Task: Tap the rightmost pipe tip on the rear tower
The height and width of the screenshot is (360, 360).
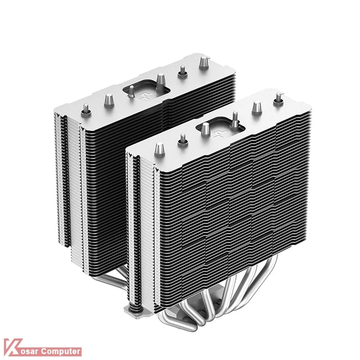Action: click(x=203, y=62)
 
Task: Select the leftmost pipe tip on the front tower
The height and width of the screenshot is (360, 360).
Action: click(x=159, y=150)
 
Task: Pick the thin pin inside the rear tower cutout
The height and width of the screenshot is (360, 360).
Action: click(x=131, y=91)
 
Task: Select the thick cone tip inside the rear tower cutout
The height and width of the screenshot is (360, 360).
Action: click(x=161, y=81)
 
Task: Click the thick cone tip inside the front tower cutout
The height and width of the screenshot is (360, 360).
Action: click(x=206, y=130)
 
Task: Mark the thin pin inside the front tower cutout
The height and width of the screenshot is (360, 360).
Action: click(x=235, y=119)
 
